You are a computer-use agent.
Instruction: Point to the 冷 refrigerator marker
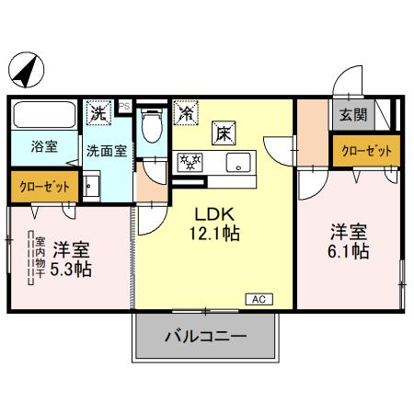(186, 115)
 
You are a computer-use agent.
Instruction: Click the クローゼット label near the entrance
(366, 151)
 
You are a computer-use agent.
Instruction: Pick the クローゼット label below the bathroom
(44, 185)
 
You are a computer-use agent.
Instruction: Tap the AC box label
(259, 298)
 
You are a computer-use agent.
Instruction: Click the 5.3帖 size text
(71, 269)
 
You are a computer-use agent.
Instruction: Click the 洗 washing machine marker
(98, 114)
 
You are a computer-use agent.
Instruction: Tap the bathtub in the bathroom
(44, 118)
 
